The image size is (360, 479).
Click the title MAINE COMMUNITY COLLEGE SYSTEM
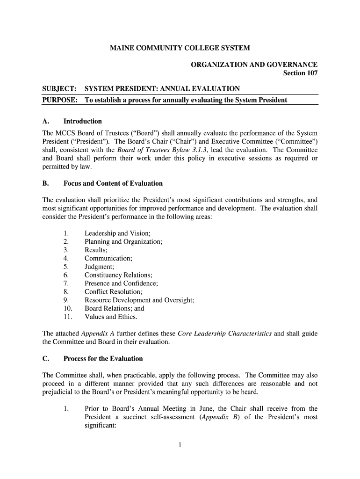(x=180, y=48)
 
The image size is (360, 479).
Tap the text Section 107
(x=301, y=73)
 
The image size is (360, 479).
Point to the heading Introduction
(x=83, y=121)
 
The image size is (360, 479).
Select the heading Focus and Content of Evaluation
(x=113, y=183)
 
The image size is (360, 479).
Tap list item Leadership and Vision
(x=117, y=233)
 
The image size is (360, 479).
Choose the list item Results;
(x=96, y=250)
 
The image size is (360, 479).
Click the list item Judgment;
(x=99, y=267)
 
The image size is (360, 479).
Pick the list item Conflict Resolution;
(x=113, y=291)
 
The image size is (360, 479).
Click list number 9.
(x=66, y=300)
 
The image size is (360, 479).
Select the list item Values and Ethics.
(x=111, y=317)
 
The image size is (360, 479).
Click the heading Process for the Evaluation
(x=103, y=359)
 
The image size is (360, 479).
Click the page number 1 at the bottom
(x=180, y=445)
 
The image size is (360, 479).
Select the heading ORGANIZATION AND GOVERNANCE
(x=254, y=65)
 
